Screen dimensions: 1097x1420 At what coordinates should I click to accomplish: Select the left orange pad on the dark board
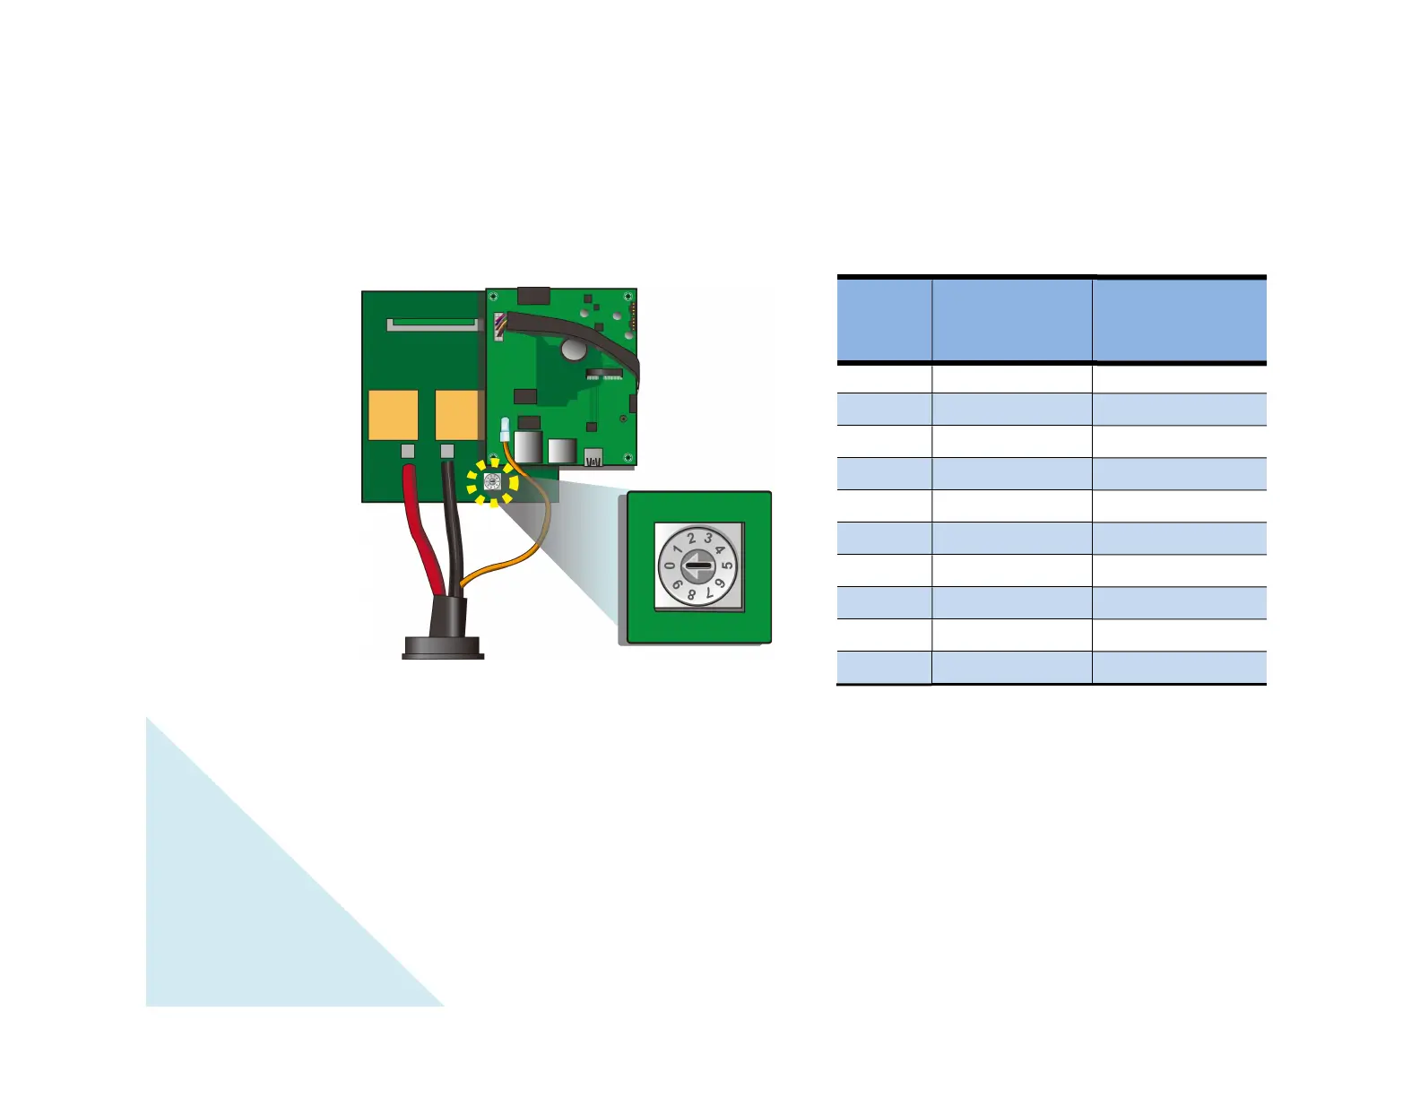coord(394,416)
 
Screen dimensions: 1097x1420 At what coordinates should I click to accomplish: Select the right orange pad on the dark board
coord(458,416)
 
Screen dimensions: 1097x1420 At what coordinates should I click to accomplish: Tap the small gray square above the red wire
coord(408,451)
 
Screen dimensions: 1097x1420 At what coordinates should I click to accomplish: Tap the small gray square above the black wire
coord(447,451)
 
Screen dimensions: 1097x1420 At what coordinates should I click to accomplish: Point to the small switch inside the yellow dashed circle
coord(492,481)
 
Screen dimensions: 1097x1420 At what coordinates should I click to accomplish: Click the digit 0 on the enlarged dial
coord(669,566)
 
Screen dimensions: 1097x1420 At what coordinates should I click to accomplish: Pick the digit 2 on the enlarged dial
coord(691,540)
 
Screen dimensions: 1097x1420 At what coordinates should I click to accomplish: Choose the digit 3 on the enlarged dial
coord(708,539)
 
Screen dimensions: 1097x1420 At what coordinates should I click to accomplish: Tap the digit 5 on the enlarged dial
coord(728,566)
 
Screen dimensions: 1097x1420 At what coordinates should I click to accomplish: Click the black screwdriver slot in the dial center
coord(698,566)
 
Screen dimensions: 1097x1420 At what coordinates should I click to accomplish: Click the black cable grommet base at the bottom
coord(443,647)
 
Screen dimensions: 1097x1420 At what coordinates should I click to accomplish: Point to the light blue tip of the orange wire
coord(505,428)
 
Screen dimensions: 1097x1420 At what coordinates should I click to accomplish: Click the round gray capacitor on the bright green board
coord(573,348)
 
